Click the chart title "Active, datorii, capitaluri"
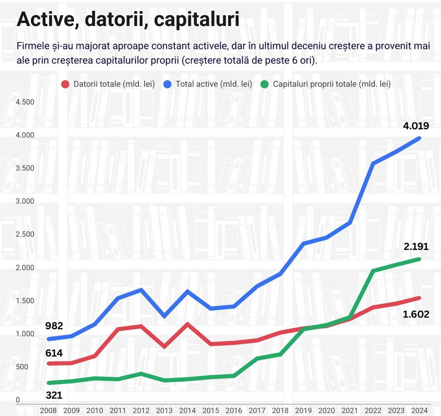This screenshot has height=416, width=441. pos(128,20)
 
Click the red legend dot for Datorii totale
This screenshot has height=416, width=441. pos(65,84)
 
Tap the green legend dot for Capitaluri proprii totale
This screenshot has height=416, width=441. pos(265,84)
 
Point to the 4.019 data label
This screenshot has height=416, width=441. pos(416,126)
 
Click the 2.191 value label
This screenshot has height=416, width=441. pos(416,246)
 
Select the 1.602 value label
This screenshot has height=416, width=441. pos(416,314)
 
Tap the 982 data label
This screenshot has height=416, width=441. pos(54,326)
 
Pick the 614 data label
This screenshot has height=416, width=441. pos(54,353)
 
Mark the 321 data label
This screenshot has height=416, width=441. pos(54,395)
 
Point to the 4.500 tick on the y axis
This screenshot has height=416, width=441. pos(24,102)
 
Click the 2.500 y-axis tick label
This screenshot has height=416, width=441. pos(24,234)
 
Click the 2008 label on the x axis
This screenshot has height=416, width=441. pos(48,410)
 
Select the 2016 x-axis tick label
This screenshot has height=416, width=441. pos(234,410)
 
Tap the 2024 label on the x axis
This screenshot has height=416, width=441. pos(419,410)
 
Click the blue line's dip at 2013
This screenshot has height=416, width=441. pos(164,316)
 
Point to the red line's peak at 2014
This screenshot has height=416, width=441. pos(187,324)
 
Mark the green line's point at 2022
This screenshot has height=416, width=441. pos(373,270)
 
